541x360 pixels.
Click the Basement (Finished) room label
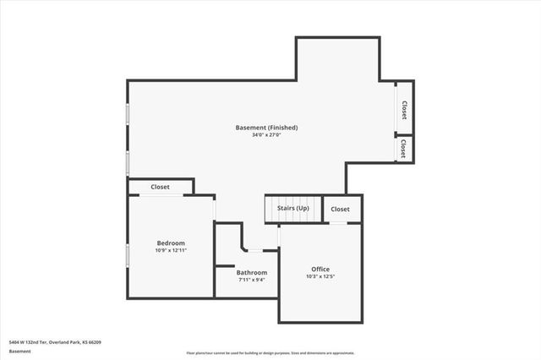click(266, 128)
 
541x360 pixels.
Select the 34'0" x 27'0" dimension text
click(266, 135)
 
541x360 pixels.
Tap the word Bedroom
click(170, 243)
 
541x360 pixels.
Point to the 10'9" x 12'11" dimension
click(170, 251)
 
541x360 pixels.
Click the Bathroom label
click(252, 273)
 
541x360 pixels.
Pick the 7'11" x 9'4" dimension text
click(252, 281)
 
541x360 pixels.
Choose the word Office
click(320, 270)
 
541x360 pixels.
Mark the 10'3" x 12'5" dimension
click(320, 277)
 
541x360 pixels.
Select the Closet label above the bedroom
click(160, 187)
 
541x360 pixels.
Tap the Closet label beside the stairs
click(340, 209)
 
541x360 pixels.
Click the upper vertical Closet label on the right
click(404, 110)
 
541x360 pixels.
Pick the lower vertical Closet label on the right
click(403, 149)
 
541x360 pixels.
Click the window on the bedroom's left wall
click(128, 255)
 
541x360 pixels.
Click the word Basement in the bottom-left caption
click(19, 351)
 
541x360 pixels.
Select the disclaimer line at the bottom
click(270, 352)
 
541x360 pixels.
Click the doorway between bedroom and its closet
click(161, 196)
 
